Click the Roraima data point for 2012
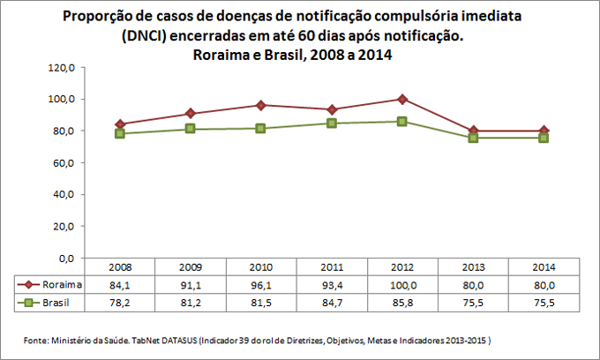[x=402, y=99]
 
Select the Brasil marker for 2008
[x=119, y=133]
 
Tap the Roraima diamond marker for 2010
[x=261, y=105]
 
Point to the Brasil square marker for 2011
[x=332, y=123]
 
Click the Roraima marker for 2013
[x=473, y=131]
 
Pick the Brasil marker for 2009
[x=190, y=129]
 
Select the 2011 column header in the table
[x=332, y=266]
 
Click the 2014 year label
[x=544, y=266]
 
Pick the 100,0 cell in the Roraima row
[x=402, y=284]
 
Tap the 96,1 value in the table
[x=261, y=284]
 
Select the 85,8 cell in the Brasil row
[x=402, y=303]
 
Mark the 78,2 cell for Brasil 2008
[x=119, y=303]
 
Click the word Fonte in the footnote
[x=34, y=340]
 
